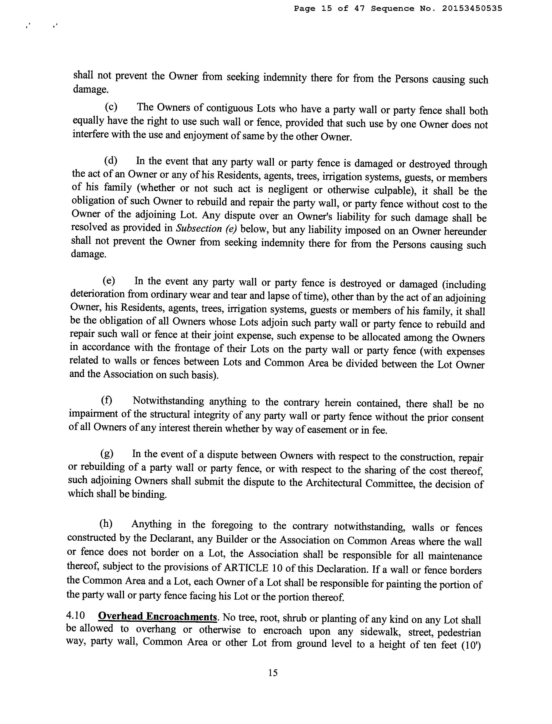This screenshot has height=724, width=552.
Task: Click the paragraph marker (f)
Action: pos(107,401)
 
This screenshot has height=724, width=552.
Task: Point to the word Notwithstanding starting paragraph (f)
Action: pos(168,401)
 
